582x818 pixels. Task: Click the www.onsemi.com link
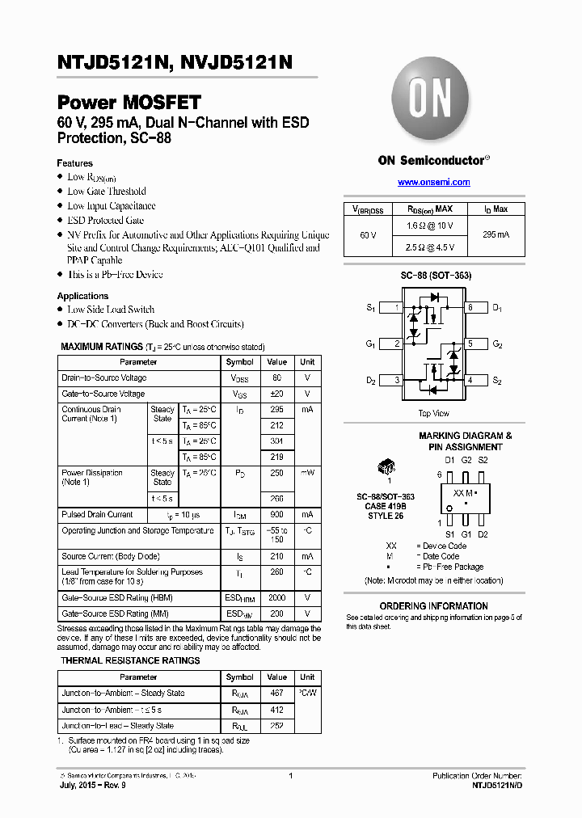(x=433, y=183)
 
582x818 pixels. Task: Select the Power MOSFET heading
(x=129, y=103)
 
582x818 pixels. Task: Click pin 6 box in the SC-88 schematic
(x=470, y=308)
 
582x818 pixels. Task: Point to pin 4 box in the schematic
(x=470, y=380)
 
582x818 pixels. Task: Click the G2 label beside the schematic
(x=497, y=344)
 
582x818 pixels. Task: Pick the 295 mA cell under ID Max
(x=496, y=234)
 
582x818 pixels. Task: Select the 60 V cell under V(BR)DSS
(x=368, y=234)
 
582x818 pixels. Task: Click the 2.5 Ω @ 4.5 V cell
(x=430, y=247)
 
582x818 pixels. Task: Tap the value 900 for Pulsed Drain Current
(x=277, y=515)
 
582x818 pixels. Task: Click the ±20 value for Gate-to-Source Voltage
(x=277, y=394)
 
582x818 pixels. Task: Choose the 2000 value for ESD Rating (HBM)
(x=277, y=598)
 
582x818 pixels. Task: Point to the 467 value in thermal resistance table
(x=277, y=694)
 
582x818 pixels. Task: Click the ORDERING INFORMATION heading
(x=433, y=606)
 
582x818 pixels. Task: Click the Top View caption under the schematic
(x=433, y=413)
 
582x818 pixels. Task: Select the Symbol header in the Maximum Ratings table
(x=240, y=362)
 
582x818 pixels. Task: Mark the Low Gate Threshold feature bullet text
(x=107, y=192)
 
